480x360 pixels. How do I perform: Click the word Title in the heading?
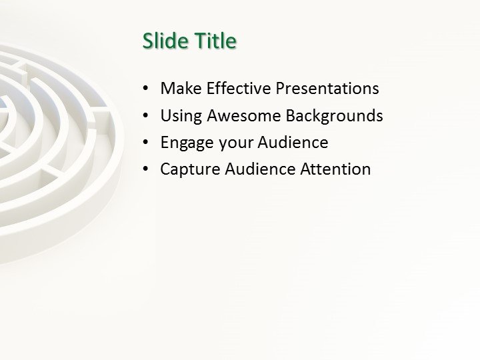click(215, 41)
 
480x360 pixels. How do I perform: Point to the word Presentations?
click(327, 89)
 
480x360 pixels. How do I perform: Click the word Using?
click(181, 116)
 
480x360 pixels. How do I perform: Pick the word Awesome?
click(244, 116)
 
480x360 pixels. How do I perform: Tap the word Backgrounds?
click(335, 116)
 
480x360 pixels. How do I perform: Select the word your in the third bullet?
click(233, 143)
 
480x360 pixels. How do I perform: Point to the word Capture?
click(190, 170)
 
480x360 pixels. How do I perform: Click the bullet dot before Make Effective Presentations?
click(146, 89)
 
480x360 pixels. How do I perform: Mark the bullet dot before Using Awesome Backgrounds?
click(146, 117)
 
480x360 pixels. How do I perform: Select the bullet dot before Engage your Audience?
click(146, 143)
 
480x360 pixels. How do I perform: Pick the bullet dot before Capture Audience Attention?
click(146, 170)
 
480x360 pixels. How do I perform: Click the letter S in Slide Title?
click(147, 41)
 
